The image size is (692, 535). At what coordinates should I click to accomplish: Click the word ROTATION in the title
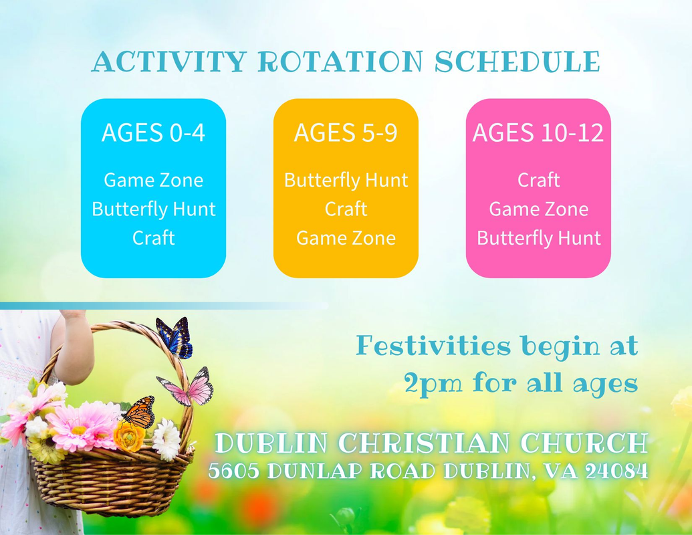coord(340,62)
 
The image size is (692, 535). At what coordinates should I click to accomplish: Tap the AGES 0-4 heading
coord(154,132)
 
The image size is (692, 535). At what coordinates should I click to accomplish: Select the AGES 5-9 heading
coord(346,132)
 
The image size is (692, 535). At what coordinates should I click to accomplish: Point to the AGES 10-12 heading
coord(538,132)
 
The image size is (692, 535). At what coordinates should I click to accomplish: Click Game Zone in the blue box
coord(154,180)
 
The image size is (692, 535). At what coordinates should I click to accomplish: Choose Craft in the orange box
coord(346,209)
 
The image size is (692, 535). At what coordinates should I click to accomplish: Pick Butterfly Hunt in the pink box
coord(539,238)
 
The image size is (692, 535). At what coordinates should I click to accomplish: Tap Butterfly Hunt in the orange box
coord(346,181)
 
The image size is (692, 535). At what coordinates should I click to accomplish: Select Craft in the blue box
coord(154,238)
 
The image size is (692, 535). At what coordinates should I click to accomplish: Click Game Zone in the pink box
coord(538,209)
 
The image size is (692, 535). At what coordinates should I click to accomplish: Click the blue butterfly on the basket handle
coord(175,337)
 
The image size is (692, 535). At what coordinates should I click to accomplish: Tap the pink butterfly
coord(187,387)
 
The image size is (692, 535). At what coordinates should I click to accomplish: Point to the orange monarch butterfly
coord(138,413)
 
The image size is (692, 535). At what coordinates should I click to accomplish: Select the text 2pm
coord(433,383)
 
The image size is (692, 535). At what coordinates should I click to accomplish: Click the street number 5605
coord(234,471)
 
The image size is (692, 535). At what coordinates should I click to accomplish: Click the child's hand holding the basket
coord(72,315)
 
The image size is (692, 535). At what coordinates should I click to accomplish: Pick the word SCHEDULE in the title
coord(517,62)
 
